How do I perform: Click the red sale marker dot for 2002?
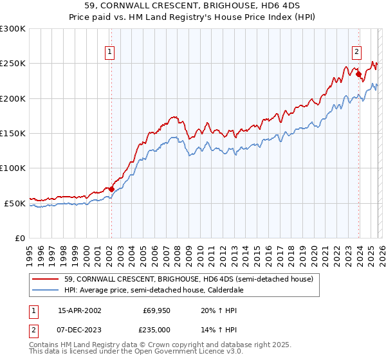pyautogui.click(x=111, y=189)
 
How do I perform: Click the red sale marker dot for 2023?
pyautogui.click(x=358, y=74)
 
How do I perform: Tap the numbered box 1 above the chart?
pyautogui.click(x=110, y=53)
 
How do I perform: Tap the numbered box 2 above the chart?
pyautogui.click(x=356, y=53)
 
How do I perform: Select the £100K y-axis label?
pyautogui.click(x=13, y=168)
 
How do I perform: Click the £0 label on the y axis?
pyautogui.click(x=19, y=238)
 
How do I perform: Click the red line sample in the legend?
pyautogui.click(x=46, y=279)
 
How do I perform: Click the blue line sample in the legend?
pyautogui.click(x=46, y=290)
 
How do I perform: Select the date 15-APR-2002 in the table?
pyautogui.click(x=79, y=310)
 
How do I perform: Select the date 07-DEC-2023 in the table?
pyautogui.click(x=79, y=329)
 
